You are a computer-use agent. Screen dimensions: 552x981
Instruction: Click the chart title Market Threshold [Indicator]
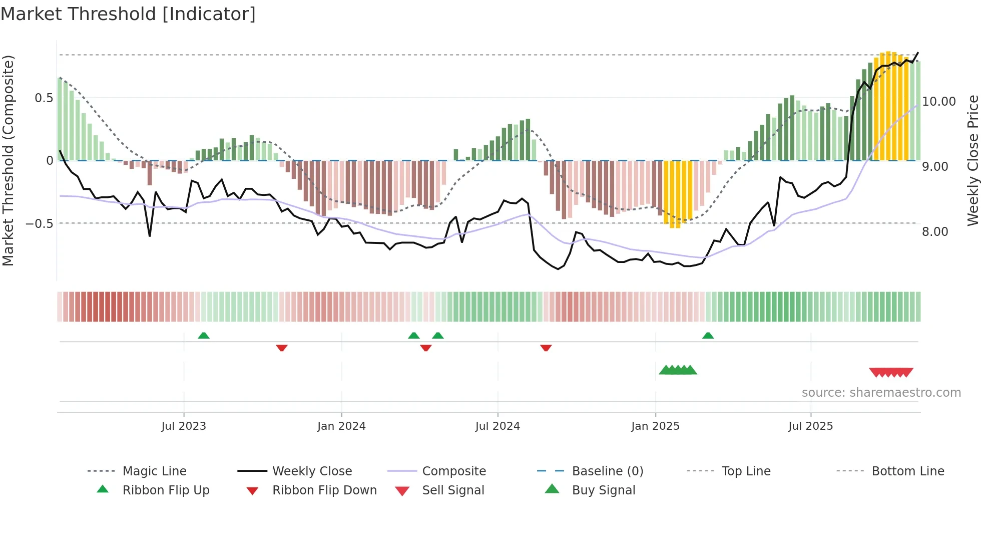[x=128, y=14]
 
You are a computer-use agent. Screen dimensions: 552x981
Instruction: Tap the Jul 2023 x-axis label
[x=184, y=426]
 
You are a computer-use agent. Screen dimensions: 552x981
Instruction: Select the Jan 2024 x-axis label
[x=341, y=426]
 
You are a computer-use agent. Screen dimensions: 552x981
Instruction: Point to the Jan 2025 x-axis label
[x=655, y=426]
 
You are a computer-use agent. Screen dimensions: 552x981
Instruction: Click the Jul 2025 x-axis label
[x=810, y=426]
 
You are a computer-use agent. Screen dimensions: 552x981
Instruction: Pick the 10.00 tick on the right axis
[x=939, y=102]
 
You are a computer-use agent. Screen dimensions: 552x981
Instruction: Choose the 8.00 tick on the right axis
[x=935, y=232]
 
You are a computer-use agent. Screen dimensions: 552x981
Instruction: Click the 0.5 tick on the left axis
[x=44, y=98]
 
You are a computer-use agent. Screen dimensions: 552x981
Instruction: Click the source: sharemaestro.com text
[x=881, y=393]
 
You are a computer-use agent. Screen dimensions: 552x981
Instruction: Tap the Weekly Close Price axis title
[x=972, y=160]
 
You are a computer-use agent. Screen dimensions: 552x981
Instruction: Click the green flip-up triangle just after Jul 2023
[x=204, y=336]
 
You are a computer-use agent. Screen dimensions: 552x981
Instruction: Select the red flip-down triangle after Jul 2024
[x=546, y=348]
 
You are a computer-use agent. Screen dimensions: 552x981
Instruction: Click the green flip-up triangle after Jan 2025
[x=708, y=336]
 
